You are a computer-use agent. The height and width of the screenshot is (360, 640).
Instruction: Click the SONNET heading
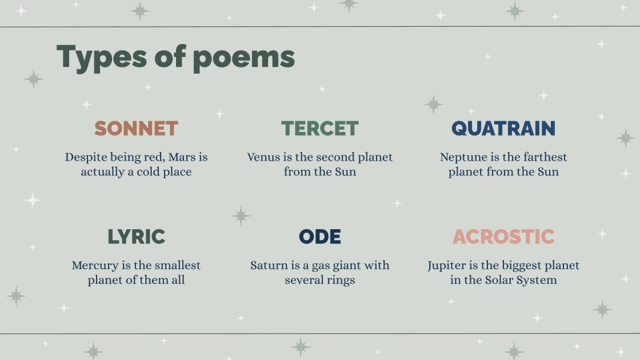click(136, 129)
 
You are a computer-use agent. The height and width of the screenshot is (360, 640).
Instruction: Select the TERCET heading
click(320, 129)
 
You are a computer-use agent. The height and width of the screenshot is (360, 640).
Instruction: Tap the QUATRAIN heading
click(503, 129)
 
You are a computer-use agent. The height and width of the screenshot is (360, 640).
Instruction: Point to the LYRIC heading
click(136, 237)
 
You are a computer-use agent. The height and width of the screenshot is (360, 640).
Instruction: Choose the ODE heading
click(320, 237)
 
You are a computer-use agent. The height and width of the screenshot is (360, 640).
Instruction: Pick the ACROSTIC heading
click(503, 237)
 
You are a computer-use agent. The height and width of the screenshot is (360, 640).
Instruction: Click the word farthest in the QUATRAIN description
click(541, 157)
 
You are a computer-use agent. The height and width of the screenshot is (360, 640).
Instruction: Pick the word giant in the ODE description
click(342, 265)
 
